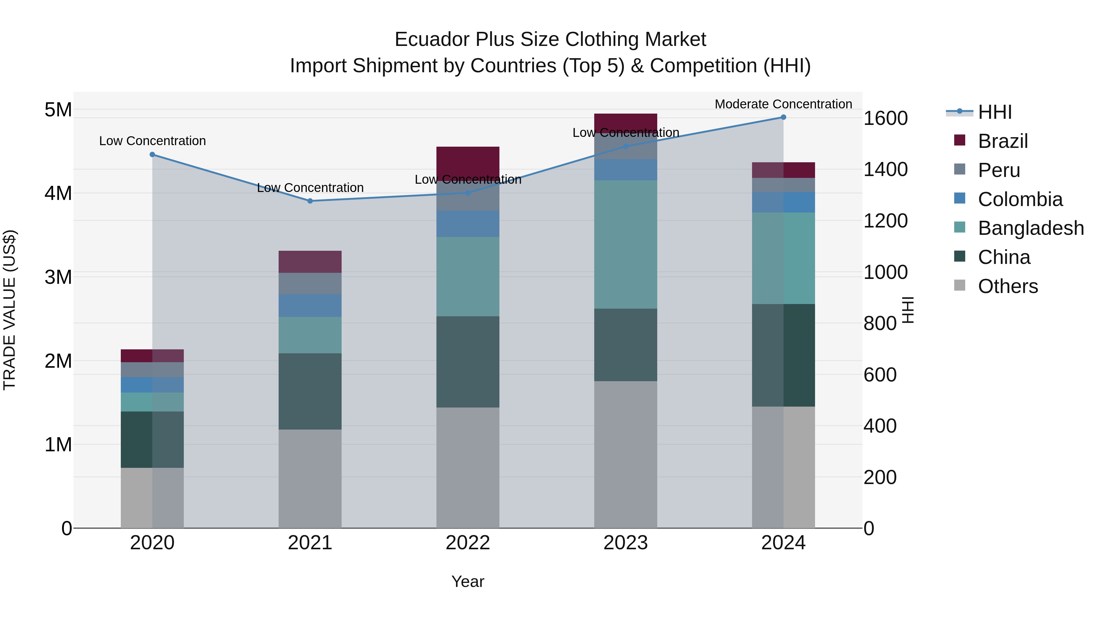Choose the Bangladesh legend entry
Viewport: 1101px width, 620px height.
click(1030, 228)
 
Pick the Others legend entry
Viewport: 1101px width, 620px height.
click(1007, 286)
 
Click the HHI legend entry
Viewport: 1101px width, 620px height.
click(994, 112)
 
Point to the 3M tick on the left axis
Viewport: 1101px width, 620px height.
click(58, 277)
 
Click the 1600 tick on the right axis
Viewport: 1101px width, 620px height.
click(885, 118)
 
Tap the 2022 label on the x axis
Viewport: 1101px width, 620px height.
click(468, 543)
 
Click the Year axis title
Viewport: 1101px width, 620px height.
click(468, 581)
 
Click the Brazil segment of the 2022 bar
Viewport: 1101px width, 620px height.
click(468, 162)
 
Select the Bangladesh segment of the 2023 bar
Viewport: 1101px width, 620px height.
click(625, 244)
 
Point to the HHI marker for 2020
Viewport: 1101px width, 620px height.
click(152, 155)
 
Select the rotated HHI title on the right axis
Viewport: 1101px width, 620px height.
click(907, 310)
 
